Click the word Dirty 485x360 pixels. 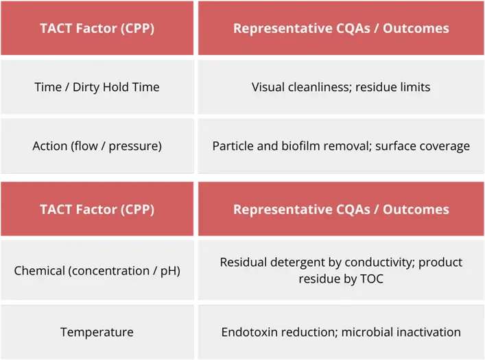pyautogui.click(x=86, y=88)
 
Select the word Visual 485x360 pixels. pyautogui.click(x=268, y=87)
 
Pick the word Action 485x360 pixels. pyautogui.click(x=50, y=146)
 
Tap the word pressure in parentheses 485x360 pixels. pyautogui.click(x=135, y=147)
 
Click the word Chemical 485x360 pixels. pyautogui.click(x=40, y=271)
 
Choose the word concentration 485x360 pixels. pyautogui.click(x=109, y=271)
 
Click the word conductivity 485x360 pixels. pyautogui.click(x=379, y=263)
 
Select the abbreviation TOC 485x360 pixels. pyautogui.click(x=372, y=279)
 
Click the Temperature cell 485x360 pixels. pyautogui.click(x=97, y=332)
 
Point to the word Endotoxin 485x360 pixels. pyautogui.click(x=248, y=332)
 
